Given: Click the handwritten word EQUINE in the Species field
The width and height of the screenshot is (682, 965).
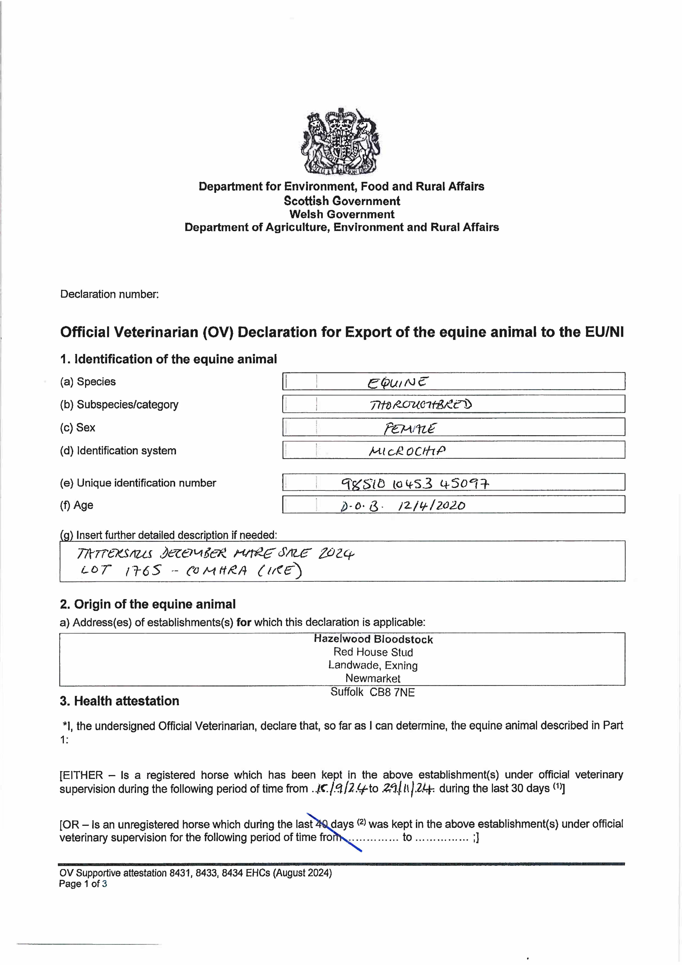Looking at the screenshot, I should [398, 382].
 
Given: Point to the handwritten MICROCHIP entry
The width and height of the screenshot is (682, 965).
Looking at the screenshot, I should [407, 451].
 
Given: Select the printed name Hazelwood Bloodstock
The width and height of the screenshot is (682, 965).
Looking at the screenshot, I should [373, 639].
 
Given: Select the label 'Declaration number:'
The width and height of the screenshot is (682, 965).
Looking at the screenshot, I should [109, 294].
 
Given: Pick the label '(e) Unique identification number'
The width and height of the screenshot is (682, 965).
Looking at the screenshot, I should [138, 483].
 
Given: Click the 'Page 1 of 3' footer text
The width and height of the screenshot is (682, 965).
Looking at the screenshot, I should [83, 884].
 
